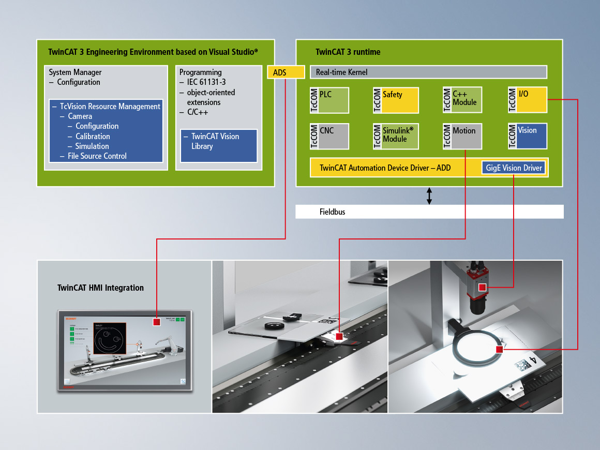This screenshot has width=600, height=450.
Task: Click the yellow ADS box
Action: tap(286, 72)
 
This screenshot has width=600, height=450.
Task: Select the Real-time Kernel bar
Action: tap(428, 72)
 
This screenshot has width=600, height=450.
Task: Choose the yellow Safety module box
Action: tap(396, 100)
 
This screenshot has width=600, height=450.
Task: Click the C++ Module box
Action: tap(462, 100)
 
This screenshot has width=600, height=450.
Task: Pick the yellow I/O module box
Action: tap(528, 100)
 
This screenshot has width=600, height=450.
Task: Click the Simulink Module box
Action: tap(396, 136)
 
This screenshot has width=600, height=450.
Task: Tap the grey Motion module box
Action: tap(462, 136)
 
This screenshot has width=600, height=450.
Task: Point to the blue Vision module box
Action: tap(528, 136)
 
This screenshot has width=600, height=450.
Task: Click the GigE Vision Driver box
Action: tap(514, 168)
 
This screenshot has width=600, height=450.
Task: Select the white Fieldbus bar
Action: tap(429, 212)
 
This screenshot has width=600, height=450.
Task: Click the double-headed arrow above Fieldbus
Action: tap(429, 196)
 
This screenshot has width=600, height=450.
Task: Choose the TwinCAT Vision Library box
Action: tap(219, 145)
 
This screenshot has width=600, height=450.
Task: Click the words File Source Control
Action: tap(97, 156)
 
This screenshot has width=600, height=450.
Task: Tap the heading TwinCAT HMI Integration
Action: tap(100, 288)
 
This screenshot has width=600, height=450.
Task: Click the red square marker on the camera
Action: tap(482, 287)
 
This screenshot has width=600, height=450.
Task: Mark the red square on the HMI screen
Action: tap(157, 322)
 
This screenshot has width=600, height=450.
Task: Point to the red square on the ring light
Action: tap(499, 350)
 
